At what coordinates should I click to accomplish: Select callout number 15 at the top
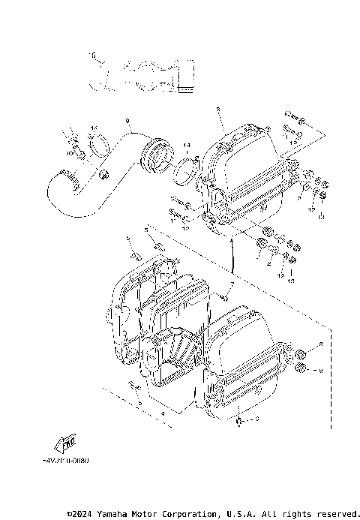click(x=92, y=55)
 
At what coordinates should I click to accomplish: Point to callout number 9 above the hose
click(x=127, y=121)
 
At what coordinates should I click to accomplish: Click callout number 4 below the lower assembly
click(x=163, y=413)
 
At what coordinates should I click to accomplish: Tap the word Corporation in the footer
click(x=184, y=514)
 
